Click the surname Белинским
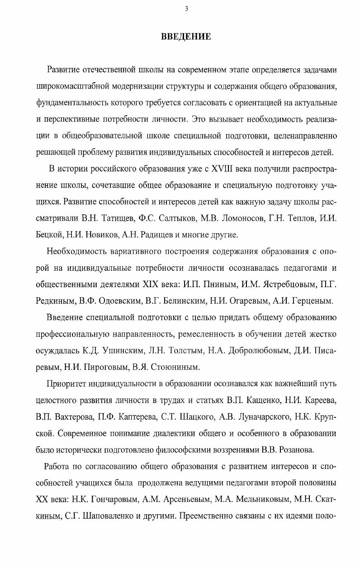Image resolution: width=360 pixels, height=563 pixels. (x=186, y=301)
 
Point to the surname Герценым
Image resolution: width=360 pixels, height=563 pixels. (x=312, y=301)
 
